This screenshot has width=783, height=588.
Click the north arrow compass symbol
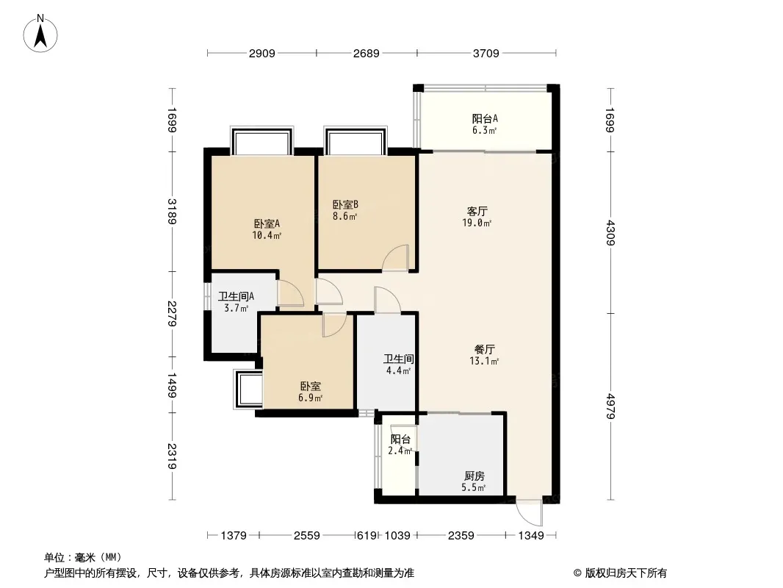pos(40,34)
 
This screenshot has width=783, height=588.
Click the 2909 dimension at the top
pos(261,53)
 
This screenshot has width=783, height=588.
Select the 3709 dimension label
pos(486,53)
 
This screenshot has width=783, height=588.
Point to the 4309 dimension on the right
pos(610,233)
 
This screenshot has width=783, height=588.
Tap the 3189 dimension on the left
pos(172,212)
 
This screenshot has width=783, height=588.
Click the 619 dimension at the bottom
pos(367,536)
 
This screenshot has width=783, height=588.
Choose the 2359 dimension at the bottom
pos(461,536)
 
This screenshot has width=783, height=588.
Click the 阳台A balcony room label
pos(485,119)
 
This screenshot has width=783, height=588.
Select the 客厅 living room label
pos(477,212)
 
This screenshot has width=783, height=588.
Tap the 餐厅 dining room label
pos(484,349)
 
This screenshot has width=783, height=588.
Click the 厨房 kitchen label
pos(474,476)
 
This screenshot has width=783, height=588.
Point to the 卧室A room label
pos(267,223)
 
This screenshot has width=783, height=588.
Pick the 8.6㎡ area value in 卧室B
pos(345,216)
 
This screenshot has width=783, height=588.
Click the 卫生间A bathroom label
pos(237,296)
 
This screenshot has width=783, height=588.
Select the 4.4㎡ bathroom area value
pos(399,370)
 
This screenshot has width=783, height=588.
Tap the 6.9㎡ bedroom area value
pos(310,398)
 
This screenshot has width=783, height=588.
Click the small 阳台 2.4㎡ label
pos(400,445)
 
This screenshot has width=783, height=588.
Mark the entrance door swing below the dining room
pos(530,512)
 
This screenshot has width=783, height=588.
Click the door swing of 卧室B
pos(396,258)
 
